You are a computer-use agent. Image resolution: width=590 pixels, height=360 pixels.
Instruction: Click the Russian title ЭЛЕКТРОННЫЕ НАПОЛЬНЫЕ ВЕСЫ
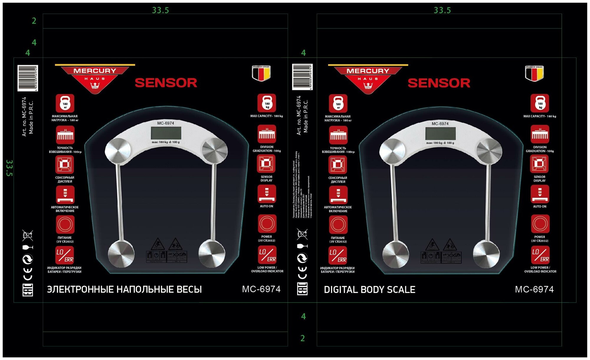[124, 289]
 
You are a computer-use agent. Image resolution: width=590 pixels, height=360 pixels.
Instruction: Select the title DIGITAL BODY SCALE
[369, 290]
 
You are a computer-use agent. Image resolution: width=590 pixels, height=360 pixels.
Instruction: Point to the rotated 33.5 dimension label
[9, 168]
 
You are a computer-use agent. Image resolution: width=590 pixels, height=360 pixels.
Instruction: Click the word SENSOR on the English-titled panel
[439, 83]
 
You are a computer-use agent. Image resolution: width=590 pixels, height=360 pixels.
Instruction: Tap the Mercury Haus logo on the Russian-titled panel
[95, 78]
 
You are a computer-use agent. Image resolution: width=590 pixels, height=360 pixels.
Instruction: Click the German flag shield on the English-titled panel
[534, 73]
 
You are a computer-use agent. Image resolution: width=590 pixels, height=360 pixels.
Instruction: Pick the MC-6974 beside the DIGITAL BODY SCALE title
[534, 289]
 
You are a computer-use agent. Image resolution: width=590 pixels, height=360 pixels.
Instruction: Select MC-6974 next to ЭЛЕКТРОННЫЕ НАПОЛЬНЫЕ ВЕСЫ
[261, 289]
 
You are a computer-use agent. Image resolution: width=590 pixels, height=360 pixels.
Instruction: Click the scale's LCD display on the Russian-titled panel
[166, 133]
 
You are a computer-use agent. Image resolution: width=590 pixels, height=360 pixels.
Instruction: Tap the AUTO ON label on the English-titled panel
[540, 207]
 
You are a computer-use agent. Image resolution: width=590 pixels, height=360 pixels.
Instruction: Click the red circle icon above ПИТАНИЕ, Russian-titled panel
[65, 225]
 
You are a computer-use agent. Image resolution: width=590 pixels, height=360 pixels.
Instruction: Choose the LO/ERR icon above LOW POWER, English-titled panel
[540, 255]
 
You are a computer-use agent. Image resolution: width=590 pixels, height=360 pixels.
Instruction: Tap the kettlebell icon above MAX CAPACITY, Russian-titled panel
[267, 103]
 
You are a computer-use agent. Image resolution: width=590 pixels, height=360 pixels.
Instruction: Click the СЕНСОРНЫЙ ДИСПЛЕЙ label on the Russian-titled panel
[65, 179]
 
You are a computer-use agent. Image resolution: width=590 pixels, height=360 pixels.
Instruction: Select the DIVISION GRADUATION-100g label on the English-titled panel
[540, 149]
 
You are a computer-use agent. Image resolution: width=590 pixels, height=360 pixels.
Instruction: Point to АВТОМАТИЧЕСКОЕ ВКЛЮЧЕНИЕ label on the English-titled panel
[338, 209]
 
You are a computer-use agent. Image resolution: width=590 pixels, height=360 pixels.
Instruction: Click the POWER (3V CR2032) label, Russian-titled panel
[266, 239]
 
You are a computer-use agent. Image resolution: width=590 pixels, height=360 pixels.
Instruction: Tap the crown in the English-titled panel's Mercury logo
[368, 86]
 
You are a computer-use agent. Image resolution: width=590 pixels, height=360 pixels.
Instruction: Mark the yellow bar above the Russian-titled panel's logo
[95, 65]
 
